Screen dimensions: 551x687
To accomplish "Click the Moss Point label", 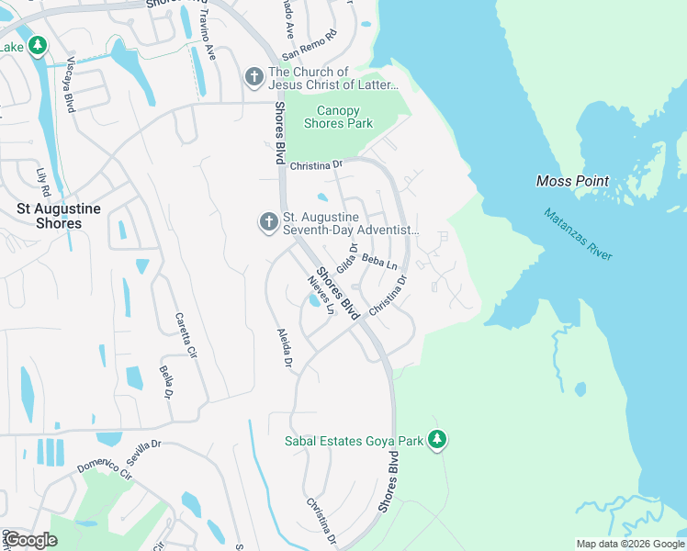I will coord(572,182).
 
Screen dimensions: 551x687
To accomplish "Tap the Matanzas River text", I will coord(577,235).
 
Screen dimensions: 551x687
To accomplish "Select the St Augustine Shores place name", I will coord(50,216).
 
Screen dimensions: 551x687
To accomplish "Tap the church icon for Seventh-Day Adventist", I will coord(268,221).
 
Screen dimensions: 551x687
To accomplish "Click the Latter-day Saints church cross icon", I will coord(254,78).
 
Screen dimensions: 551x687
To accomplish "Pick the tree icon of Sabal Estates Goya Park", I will coord(439,441).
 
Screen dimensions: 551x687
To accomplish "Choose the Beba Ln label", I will coord(378,262).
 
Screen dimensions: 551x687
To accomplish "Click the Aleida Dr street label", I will coord(285,349).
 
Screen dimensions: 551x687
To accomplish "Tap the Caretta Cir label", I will coord(186,335).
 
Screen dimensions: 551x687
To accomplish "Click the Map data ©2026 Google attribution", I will coord(630,544).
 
